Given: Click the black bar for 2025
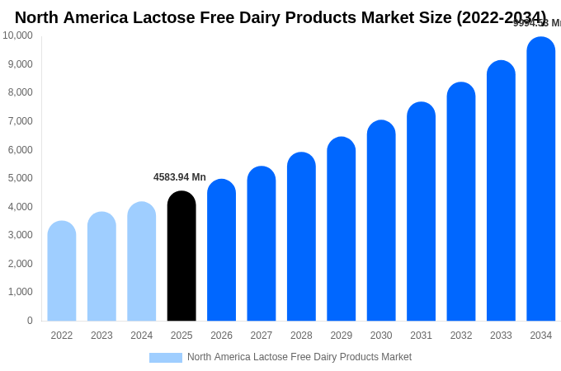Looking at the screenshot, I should pyautogui.click(x=181, y=256).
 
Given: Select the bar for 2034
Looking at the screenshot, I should pyautogui.click(x=541, y=179).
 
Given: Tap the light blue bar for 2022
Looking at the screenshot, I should pyautogui.click(x=62, y=271).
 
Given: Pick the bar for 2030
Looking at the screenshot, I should pyautogui.click(x=381, y=221).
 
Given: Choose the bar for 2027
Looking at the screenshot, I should pyautogui.click(x=262, y=244).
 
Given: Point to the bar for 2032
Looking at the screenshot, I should pyautogui.click(x=461, y=202).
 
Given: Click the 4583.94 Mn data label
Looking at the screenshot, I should pyautogui.click(x=180, y=177).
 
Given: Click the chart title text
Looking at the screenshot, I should pyautogui.click(x=280, y=17).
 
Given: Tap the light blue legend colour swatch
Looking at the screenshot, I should pyautogui.click(x=165, y=358).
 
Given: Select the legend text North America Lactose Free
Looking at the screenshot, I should pyautogui.click(x=299, y=357).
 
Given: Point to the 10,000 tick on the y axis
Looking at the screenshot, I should pyautogui.click(x=17, y=35).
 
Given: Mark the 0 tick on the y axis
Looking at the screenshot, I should pyautogui.click(x=30, y=321).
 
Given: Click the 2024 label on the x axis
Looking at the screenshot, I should pyautogui.click(x=142, y=336).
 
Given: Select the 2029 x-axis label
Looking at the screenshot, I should pyautogui.click(x=342, y=336).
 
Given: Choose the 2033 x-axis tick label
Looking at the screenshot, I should pyautogui.click(x=501, y=336).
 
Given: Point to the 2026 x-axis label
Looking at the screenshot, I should pyautogui.click(x=221, y=336).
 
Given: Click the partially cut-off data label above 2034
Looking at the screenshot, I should pyautogui.click(x=537, y=23).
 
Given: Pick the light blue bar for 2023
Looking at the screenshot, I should pyautogui.click(x=101, y=266).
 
